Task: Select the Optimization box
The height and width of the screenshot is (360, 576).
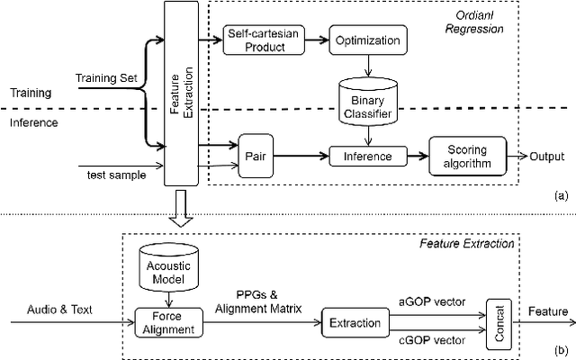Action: (x=367, y=40)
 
